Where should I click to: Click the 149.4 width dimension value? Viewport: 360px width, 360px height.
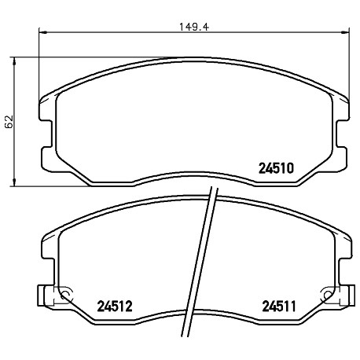[x=194, y=27]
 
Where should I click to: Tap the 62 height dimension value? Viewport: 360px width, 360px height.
[x=9, y=122]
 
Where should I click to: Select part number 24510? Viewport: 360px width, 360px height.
[x=276, y=168]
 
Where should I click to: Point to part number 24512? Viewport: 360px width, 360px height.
[x=115, y=306]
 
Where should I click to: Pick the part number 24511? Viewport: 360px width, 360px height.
[x=279, y=306]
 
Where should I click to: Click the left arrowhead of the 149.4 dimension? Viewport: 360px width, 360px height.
[x=42, y=32]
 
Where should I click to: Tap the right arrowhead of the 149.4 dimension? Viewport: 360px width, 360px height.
[x=346, y=32]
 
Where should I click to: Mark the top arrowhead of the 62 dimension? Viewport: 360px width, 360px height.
[x=14, y=61]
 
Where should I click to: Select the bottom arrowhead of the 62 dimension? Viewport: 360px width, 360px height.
[x=14, y=182]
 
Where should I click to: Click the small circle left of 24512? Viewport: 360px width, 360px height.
[x=65, y=296]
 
